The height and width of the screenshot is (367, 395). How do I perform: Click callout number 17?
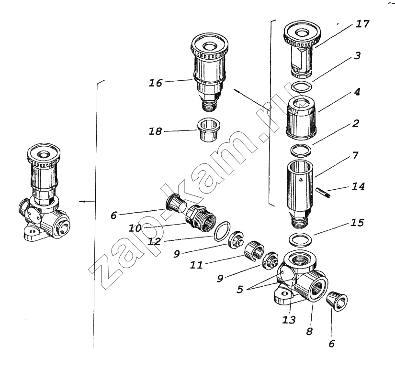click(x=362, y=24)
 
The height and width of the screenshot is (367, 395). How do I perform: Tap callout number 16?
click(x=156, y=83)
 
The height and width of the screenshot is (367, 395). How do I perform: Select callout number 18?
click(x=155, y=131)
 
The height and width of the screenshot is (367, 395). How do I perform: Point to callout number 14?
click(x=358, y=186)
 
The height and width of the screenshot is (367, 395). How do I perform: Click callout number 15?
click(x=358, y=223)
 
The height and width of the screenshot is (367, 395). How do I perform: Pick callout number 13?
click(x=288, y=320)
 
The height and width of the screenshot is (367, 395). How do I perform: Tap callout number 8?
click(x=310, y=331)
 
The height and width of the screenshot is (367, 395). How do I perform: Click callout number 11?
click(x=196, y=265)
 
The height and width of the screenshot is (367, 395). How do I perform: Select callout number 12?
click(x=154, y=242)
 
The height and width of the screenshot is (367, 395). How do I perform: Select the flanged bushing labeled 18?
click(x=208, y=130)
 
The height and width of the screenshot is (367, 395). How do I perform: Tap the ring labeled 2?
click(x=301, y=151)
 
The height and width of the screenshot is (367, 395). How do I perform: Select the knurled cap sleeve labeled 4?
click(x=301, y=118)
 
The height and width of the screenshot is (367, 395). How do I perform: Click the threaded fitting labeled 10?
click(x=201, y=216)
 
